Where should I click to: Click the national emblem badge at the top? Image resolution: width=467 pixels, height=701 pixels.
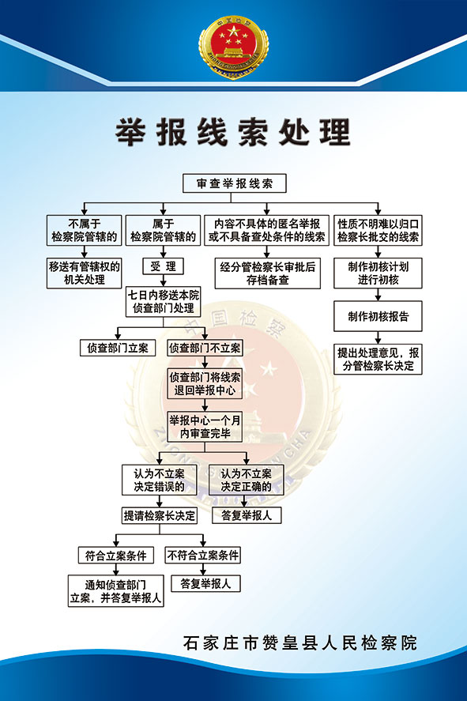pos(233,47)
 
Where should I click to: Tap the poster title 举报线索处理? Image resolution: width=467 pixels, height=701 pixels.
pos(233,132)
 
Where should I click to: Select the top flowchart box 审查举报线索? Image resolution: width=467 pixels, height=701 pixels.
pos(235,183)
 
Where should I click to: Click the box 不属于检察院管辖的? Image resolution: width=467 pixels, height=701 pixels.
pos(84,230)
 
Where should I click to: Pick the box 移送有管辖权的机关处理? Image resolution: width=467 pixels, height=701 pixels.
pos(84,273)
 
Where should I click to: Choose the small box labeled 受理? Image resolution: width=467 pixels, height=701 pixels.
pos(163,266)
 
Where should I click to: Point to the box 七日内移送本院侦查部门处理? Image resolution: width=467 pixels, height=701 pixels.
pos(163,302)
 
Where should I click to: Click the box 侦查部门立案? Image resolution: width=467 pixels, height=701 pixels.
pos(118,348)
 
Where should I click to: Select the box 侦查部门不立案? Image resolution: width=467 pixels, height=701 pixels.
pos(205,348)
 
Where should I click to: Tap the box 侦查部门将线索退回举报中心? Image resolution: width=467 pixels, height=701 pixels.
pos(205,383)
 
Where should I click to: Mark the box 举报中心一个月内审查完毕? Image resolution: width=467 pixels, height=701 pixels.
pos(205,427)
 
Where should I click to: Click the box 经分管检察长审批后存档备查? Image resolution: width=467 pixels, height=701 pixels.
pos(267,273)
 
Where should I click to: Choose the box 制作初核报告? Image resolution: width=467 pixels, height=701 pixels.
pos(378,317)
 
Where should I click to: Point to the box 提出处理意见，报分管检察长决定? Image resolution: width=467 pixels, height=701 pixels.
pos(378,359)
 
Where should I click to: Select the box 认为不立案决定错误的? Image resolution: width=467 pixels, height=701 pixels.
pos(159,480)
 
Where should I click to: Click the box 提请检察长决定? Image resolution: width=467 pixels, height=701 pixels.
pos(160,515)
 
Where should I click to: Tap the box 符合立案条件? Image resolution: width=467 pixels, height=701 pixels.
pos(115,556)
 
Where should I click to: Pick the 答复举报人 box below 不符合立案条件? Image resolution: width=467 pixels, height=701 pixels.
pos(205,583)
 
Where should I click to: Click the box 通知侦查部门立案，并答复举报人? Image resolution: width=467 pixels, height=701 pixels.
pos(115,591)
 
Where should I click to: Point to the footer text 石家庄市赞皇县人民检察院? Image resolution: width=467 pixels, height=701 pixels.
pos(299,643)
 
